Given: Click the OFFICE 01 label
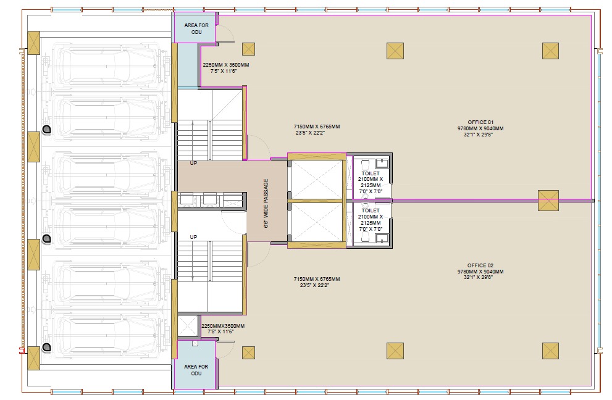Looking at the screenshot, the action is click(x=480, y=122).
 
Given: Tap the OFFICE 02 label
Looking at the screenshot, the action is click(x=480, y=265).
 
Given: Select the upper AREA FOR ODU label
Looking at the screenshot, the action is click(x=196, y=28).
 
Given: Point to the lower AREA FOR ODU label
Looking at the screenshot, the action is click(x=196, y=370).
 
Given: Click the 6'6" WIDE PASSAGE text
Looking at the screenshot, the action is click(x=266, y=203).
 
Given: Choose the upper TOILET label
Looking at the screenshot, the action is click(x=371, y=173).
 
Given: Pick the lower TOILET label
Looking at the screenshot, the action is click(x=371, y=210).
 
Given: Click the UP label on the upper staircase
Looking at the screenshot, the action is click(x=193, y=163).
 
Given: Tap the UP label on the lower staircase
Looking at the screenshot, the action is click(x=193, y=237).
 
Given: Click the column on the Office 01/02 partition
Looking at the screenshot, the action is click(x=548, y=201).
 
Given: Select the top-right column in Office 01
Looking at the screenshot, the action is click(x=550, y=51).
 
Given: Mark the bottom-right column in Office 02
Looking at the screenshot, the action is click(x=550, y=351).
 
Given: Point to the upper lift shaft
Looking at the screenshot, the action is click(x=317, y=180).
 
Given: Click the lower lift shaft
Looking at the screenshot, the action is click(x=317, y=222).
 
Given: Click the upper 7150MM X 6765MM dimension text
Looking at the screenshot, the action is click(x=317, y=127).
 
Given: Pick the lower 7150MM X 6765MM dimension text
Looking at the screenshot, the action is click(x=317, y=279).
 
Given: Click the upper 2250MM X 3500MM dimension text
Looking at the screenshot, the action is click(x=226, y=65).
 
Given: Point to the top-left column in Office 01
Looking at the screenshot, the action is click(x=249, y=49).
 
